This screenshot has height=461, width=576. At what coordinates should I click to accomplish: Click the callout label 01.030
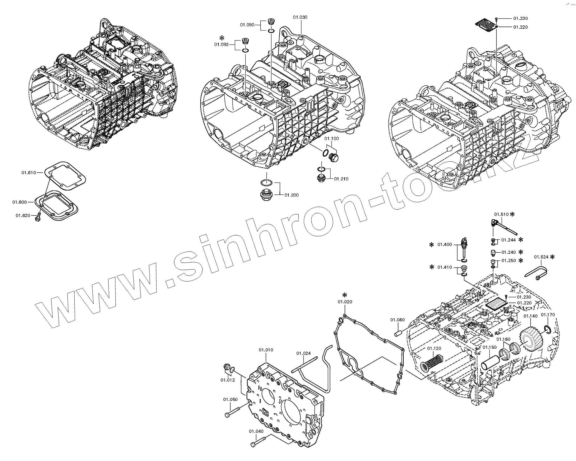(x=300, y=17)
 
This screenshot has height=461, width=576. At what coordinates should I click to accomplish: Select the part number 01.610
(x=29, y=173)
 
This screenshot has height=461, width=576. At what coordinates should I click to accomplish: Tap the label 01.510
(x=501, y=214)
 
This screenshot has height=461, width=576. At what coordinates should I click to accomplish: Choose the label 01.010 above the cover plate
(x=266, y=350)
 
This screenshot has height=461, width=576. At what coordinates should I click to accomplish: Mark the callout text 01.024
(x=303, y=353)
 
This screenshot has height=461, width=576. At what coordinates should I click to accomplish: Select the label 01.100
(x=332, y=139)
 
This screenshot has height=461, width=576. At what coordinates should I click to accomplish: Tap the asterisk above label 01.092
(x=222, y=38)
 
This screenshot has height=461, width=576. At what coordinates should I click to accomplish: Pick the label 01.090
(x=247, y=25)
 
